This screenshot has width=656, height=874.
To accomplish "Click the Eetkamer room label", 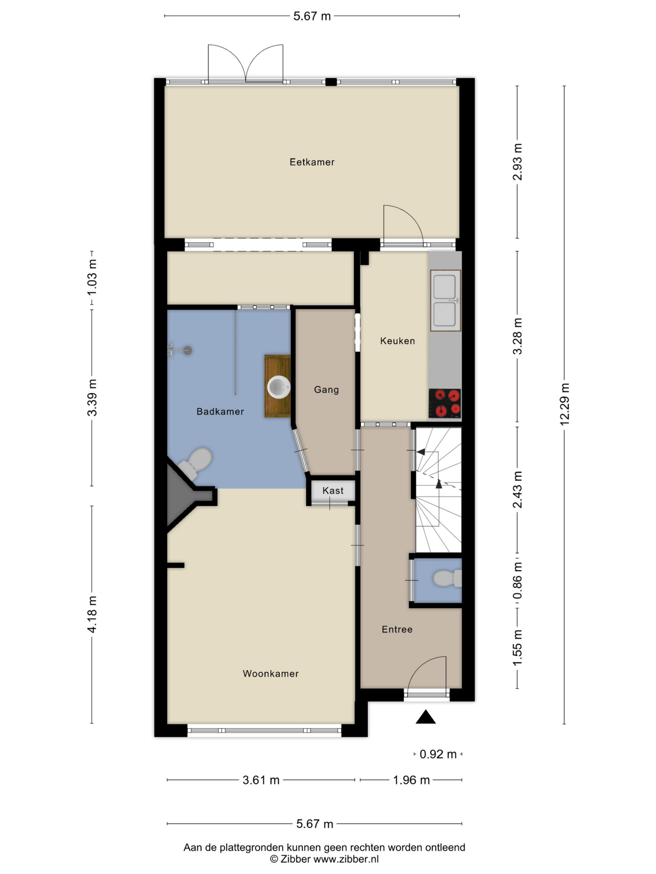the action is pos(312,162).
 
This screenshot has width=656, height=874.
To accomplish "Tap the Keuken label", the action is pos(397,341).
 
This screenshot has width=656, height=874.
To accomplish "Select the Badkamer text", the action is pos(220,411).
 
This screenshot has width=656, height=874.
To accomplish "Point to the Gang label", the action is pos(326,390).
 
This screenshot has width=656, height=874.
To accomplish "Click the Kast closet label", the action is pos(333,490).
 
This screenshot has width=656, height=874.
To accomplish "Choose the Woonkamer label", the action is pos(271,673).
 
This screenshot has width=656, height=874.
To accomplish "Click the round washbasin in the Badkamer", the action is pos(279,386).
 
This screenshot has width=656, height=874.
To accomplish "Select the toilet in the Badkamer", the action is pos(195,463).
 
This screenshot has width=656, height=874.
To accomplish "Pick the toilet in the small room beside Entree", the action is pos(447,578).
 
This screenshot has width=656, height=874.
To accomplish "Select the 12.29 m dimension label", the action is pos(564,404).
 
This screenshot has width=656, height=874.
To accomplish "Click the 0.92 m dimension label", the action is pos(438,754).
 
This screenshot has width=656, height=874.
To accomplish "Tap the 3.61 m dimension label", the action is pos(261,780).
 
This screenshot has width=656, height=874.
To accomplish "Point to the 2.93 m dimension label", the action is pos(517,162).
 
